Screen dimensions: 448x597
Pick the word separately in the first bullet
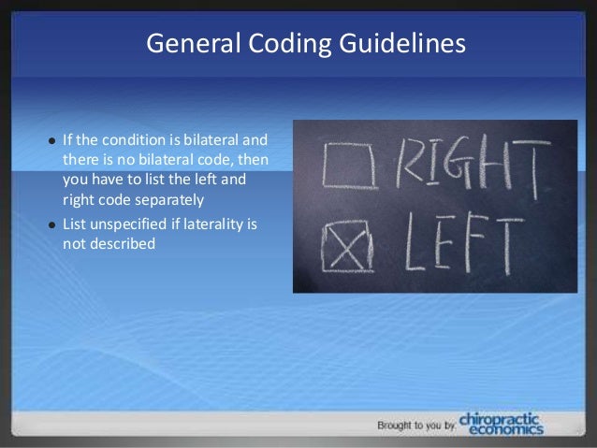[169, 199]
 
